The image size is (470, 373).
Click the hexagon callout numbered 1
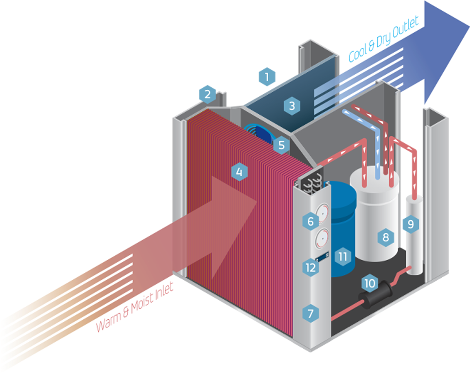267,76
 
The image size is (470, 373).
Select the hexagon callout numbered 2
208,94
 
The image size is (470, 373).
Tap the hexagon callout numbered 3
292,105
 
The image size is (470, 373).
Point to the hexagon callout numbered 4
239,172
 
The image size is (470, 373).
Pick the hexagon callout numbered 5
281,145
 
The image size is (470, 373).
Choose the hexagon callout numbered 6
311,222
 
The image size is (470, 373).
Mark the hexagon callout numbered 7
310,313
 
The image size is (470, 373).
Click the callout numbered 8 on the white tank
386,237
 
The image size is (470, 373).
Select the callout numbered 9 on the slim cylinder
411,224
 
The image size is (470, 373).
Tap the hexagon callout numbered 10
370,283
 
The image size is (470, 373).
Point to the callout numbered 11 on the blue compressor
343,256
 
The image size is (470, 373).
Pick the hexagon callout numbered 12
310,267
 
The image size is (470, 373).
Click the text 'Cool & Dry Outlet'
384,41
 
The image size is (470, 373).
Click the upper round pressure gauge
322,213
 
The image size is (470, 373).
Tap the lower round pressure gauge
321,239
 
